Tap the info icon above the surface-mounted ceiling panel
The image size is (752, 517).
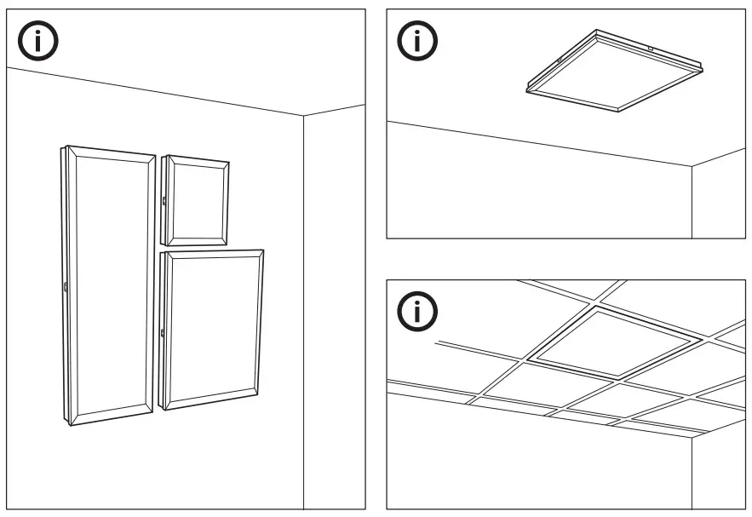[417, 41]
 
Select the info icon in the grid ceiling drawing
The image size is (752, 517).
[417, 311]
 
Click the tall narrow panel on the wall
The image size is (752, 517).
[109, 285]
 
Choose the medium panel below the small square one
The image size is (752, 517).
[213, 328]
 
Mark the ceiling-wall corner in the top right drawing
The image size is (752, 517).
[692, 165]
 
